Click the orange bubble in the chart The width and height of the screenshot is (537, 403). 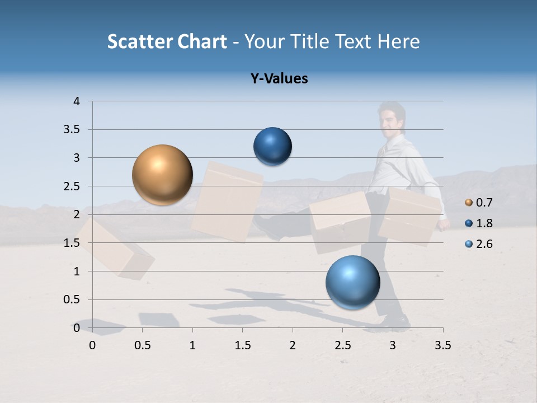(x=162, y=175)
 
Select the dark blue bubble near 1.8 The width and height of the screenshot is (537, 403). (x=272, y=146)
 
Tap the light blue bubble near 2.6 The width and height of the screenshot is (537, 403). (x=352, y=282)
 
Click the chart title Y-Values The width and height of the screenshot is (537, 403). (x=279, y=79)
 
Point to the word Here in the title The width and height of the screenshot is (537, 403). (x=398, y=41)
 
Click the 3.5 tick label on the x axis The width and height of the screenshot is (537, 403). (x=442, y=345)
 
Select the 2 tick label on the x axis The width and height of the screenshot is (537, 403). (x=293, y=345)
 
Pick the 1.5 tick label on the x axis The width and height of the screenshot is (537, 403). (x=242, y=345)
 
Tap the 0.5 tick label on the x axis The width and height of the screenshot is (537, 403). (x=142, y=345)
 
